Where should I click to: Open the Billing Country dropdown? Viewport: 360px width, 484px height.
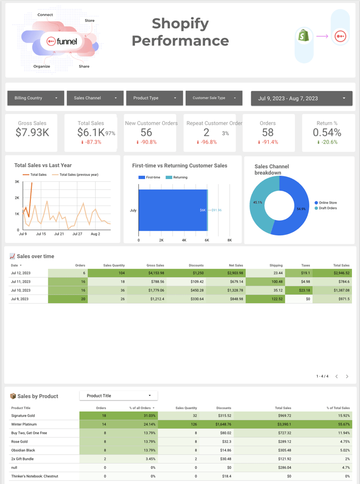pos(36,98)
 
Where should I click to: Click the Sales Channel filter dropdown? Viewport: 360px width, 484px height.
pos(95,98)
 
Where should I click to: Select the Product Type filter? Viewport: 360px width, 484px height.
pos(154,98)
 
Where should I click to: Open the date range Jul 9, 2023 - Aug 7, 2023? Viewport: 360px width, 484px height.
pos(301,99)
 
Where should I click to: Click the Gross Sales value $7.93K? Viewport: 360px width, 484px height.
pos(32,133)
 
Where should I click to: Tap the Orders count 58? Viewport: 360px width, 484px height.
pos(268,133)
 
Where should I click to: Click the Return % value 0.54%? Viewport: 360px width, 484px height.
pos(327,133)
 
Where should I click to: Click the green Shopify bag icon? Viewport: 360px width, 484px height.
pos(304,36)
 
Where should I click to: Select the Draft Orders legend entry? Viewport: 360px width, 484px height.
pos(327,208)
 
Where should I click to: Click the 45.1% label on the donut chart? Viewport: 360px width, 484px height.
pos(258,203)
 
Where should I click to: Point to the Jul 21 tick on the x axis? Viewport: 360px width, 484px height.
pos(59,234)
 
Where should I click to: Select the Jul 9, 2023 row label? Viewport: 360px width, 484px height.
pos(20,299)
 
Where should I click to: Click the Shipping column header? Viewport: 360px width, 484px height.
pos(276,265)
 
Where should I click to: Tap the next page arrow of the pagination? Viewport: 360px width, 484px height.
pos(347,376)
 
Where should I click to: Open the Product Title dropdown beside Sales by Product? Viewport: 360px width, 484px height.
pos(118,396)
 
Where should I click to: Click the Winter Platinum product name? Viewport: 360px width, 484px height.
pos(24,424)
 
